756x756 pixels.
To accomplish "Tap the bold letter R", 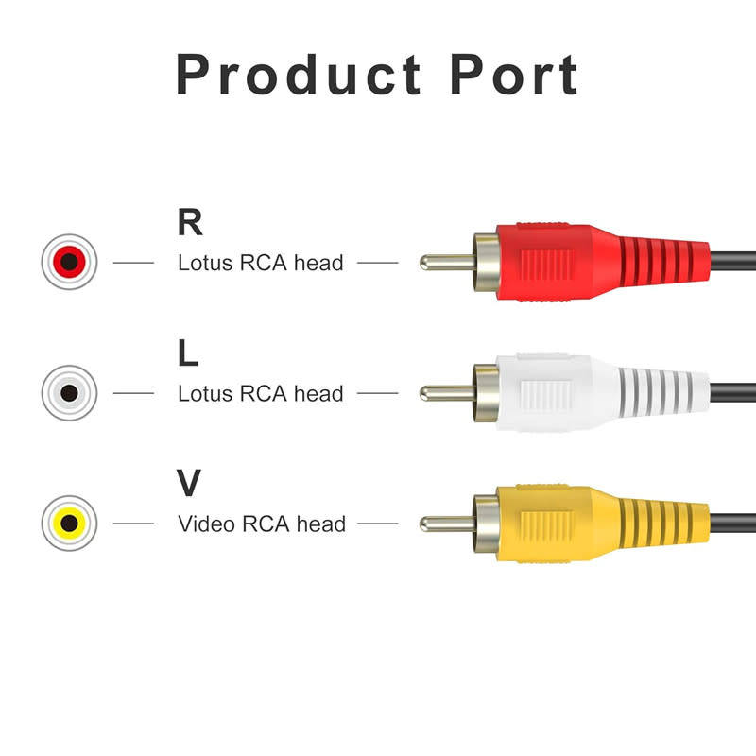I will pyautogui.click(x=190, y=222).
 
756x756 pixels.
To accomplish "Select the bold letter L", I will pyautogui.click(x=188, y=353).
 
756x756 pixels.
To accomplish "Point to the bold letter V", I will pyautogui.click(x=190, y=483).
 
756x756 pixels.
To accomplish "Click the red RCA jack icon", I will pyautogui.click(x=69, y=261).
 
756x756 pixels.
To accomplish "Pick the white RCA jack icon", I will pyautogui.click(x=69, y=391).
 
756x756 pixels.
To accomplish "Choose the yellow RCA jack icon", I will pyautogui.click(x=69, y=522).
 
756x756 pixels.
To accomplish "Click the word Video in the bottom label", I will pyautogui.click(x=207, y=524).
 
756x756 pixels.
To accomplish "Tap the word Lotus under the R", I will pyautogui.click(x=204, y=263).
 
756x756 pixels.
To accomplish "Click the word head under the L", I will pyautogui.click(x=318, y=393).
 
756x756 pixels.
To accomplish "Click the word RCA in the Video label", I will pyautogui.click(x=266, y=524).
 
